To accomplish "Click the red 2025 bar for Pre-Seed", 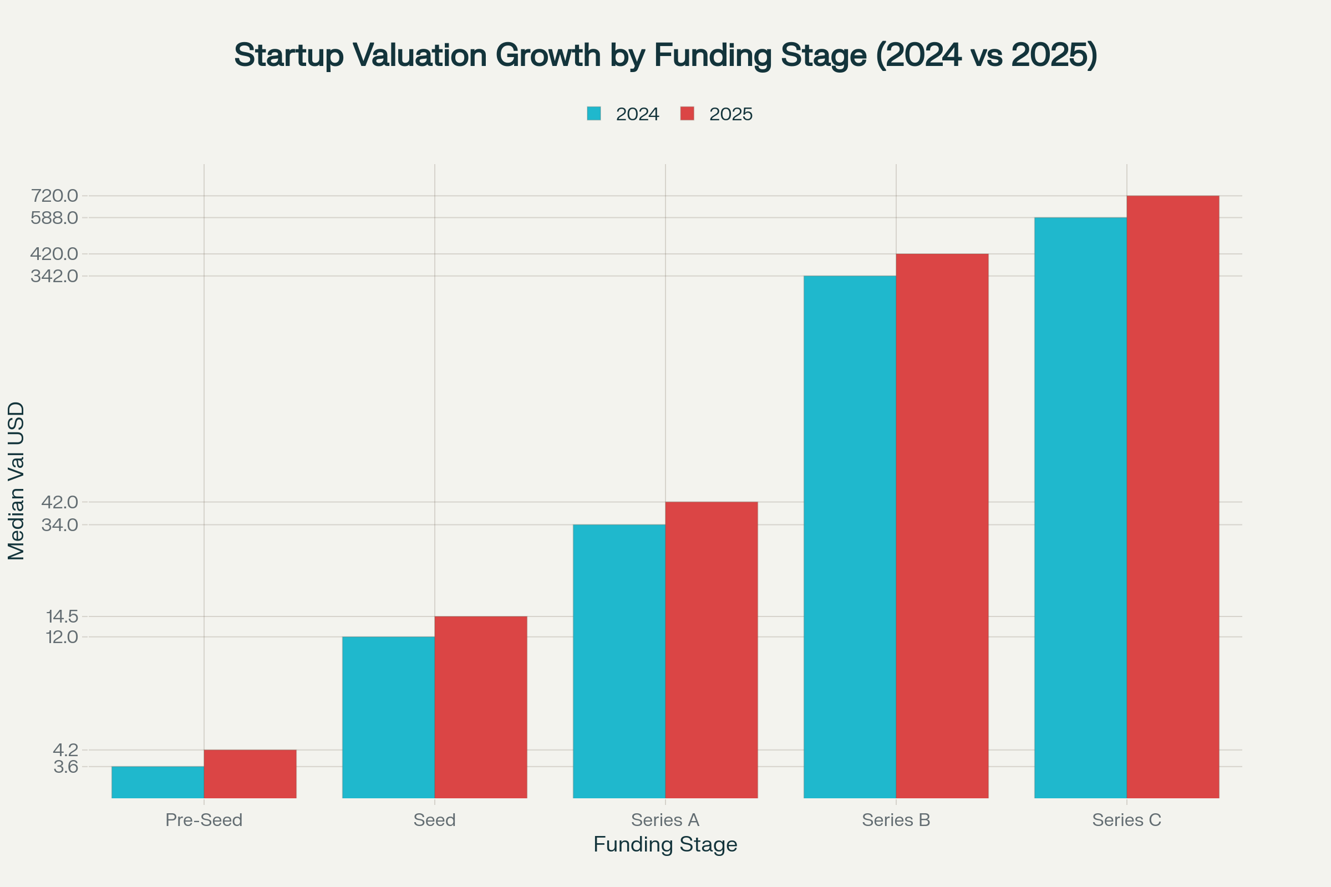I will (250, 774).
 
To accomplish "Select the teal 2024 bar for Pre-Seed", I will (158, 782).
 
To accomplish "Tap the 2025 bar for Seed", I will (480, 707).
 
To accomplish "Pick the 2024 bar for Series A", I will (618, 661).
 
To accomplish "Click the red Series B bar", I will (942, 526).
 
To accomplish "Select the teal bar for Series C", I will (1080, 507).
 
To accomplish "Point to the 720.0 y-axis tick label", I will (54, 196).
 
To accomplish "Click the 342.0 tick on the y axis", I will (54, 276).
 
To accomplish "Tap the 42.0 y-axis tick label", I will (59, 502).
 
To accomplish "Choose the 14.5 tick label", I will (62, 616).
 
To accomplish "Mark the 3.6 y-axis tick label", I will (65, 767).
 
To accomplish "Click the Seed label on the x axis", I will (434, 820).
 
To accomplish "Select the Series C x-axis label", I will (1126, 820).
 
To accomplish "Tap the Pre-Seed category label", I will (204, 820).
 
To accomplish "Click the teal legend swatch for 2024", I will (593, 114).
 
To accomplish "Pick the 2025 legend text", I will (730, 114).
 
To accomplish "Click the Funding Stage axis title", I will (665, 844).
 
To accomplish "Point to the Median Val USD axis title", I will (17, 481).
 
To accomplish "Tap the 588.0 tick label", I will (54, 218).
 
